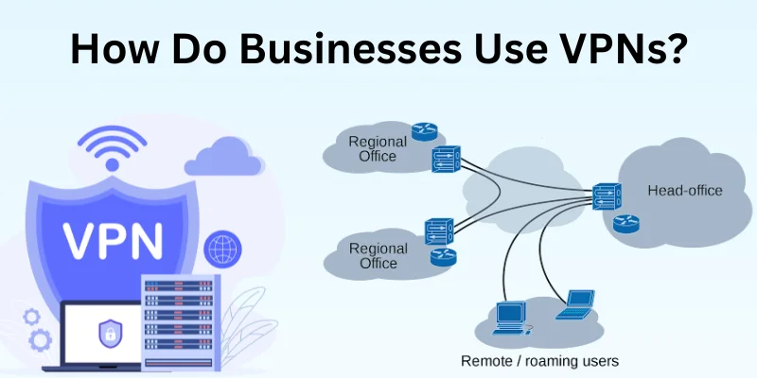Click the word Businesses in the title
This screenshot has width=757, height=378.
(x=354, y=50)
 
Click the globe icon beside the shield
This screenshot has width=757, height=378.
(x=223, y=250)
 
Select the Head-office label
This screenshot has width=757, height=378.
(x=684, y=191)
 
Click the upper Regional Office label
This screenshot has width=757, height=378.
(x=378, y=149)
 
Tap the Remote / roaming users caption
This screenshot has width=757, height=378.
(x=538, y=361)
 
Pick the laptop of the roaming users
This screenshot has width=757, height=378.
(x=574, y=304)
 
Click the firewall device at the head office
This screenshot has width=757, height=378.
(x=606, y=196)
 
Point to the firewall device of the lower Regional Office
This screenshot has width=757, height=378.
(x=439, y=231)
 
